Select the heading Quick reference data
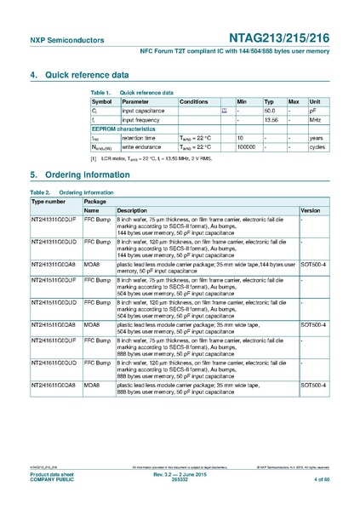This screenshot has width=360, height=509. [x=84, y=75]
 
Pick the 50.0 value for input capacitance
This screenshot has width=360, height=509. [x=270, y=111]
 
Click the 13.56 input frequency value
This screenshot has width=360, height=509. [x=271, y=120]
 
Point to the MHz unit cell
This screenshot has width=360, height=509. [x=316, y=120]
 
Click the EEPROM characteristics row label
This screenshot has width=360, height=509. [x=124, y=129]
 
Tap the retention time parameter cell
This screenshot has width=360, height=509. [x=139, y=138]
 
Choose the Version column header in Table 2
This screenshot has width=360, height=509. [x=311, y=209]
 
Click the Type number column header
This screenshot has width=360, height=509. [x=49, y=201]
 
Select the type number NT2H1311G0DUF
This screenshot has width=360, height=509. [x=54, y=219]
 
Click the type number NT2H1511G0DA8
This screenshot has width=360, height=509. [x=54, y=324]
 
